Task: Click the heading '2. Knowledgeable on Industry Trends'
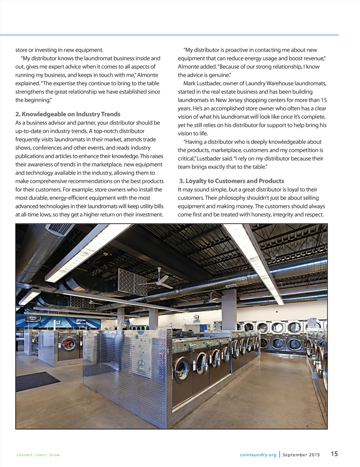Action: coord(67,114)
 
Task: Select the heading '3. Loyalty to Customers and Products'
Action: coord(231,181)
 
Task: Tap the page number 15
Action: coord(334,454)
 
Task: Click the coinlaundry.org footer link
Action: coord(258,455)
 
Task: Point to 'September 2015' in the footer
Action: coord(301,455)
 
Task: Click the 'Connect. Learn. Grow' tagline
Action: coord(38,455)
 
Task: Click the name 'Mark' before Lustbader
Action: coord(190,83)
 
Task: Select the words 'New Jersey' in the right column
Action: coord(229,100)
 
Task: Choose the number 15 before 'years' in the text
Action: coord(323,100)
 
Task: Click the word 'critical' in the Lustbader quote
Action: coord(186,158)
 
